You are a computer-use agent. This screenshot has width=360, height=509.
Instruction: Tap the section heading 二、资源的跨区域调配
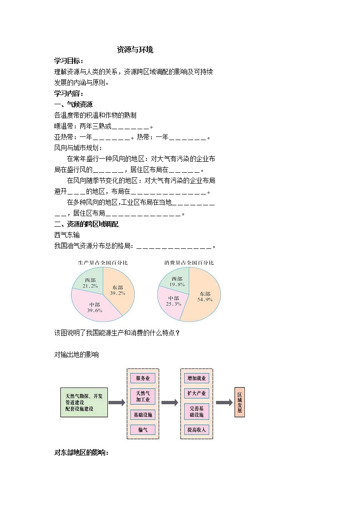86,224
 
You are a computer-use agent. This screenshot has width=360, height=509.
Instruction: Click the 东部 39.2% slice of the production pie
119,290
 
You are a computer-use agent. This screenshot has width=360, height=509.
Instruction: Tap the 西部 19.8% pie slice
176,281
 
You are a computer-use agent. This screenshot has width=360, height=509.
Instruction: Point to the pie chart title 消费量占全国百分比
189,262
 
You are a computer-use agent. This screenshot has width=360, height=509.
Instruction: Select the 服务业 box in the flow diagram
143,378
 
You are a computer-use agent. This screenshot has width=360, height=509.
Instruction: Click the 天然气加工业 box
143,396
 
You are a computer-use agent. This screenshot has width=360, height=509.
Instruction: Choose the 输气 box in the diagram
143,429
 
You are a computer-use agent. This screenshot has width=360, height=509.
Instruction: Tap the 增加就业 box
196,378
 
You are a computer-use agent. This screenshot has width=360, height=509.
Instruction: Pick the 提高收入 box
196,429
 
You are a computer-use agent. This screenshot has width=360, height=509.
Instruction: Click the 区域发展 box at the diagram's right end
239,402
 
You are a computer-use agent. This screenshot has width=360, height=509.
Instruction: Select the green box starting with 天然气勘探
84,402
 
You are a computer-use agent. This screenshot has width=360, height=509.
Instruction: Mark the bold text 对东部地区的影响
81,452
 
